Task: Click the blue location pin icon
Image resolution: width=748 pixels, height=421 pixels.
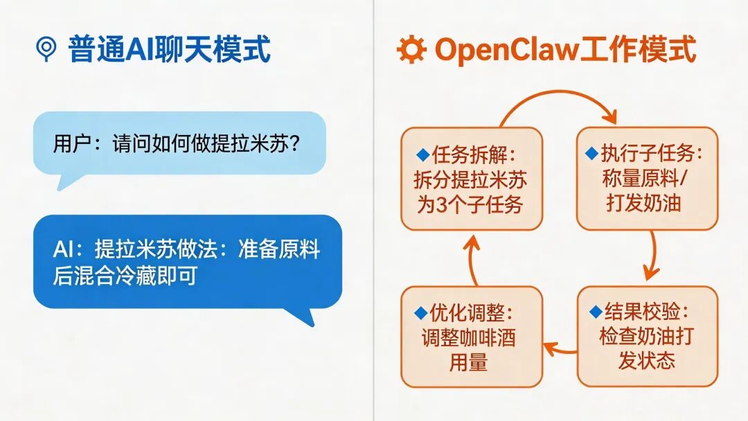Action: point(46,48)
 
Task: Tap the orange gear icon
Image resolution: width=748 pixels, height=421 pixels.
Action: point(411,49)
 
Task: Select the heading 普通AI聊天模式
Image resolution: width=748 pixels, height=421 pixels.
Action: point(169,49)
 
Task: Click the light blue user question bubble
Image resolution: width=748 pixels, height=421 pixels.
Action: point(179,143)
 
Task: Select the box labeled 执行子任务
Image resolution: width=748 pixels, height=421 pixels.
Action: point(647,178)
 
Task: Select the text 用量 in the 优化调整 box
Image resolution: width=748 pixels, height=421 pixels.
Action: point(468,362)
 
